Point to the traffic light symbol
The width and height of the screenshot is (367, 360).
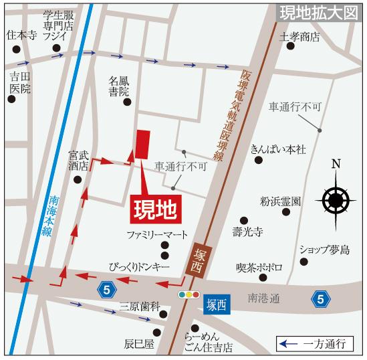189,294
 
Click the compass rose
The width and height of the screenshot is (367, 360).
336,199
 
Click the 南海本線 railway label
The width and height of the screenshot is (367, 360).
46,213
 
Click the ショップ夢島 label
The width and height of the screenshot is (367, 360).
324,250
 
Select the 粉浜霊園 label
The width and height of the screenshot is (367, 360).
281,200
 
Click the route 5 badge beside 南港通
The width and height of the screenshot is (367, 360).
322,298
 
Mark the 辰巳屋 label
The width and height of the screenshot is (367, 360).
139,344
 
